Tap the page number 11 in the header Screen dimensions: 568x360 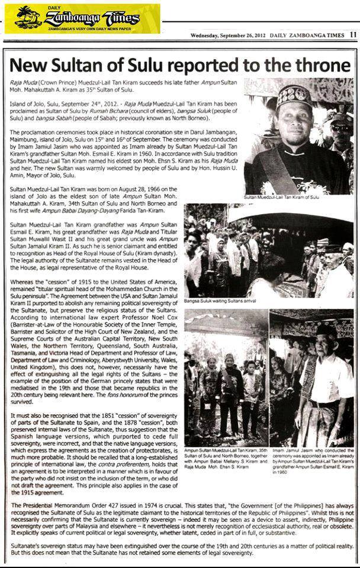point(353,34)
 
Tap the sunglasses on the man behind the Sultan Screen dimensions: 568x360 point(341,127)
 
